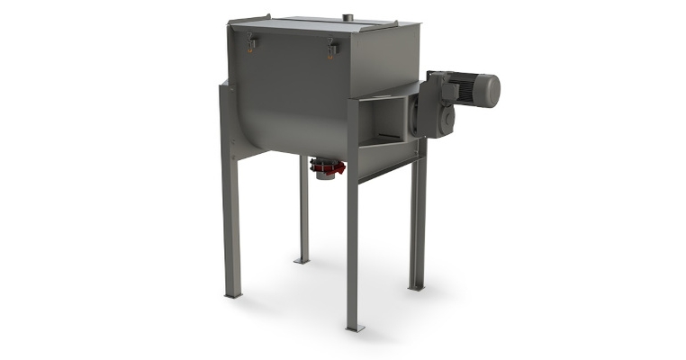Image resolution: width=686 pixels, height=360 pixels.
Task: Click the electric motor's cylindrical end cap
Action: (x=487, y=90)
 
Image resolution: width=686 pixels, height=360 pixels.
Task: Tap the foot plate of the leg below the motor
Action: (x=416, y=286)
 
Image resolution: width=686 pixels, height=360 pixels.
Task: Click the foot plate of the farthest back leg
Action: (x=302, y=261)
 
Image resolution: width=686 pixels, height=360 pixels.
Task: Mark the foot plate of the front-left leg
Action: (x=232, y=294)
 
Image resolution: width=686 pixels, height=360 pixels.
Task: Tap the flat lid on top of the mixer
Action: (x=315, y=22)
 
